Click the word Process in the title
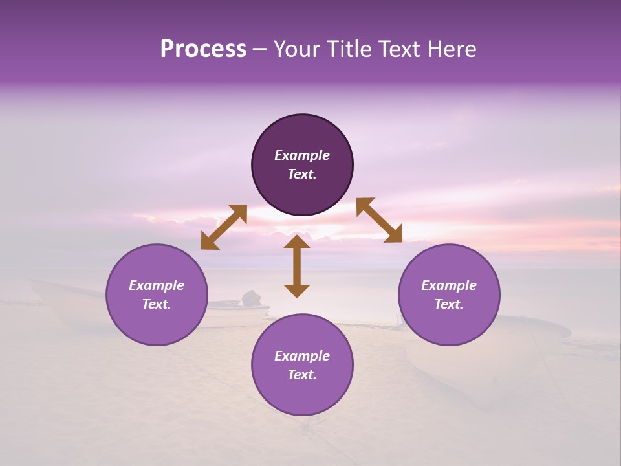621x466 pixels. click(x=203, y=49)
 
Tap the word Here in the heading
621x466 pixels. click(x=450, y=49)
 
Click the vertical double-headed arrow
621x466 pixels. click(x=297, y=267)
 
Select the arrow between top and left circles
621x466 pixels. click(x=224, y=227)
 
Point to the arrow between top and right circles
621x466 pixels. click(x=379, y=220)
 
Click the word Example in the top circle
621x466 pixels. click(x=302, y=155)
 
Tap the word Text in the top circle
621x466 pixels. click(x=302, y=174)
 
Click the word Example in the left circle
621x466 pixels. click(x=157, y=285)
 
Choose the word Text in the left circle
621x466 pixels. click(x=157, y=304)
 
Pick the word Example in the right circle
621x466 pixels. click(x=449, y=285)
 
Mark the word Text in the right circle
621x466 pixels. click(x=449, y=304)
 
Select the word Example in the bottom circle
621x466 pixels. click(x=302, y=356)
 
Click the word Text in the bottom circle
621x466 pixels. click(x=302, y=375)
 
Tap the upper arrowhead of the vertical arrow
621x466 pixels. click(x=297, y=241)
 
